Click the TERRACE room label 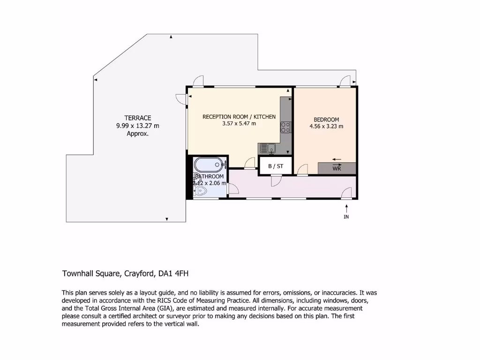(137, 118)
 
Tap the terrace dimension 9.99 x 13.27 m (137, 126)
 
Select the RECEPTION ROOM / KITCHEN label (239, 117)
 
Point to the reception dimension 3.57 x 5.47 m (239, 124)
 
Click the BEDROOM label (326, 120)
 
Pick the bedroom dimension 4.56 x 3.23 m (326, 126)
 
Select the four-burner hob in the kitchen (285, 127)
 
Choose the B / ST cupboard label (276, 166)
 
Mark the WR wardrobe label (337, 168)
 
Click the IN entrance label (346, 217)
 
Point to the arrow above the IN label (346, 207)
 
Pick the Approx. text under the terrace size (137, 134)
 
